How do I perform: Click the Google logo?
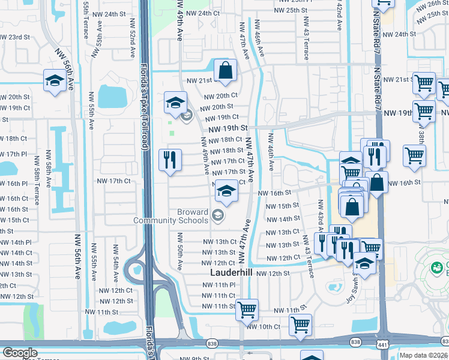(20, 353)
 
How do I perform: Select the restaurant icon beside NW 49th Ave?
(170, 159)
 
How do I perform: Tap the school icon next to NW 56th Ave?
(55, 81)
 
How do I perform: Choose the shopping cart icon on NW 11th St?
(247, 310)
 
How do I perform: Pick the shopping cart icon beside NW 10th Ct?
(300, 325)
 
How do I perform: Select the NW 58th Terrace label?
(37, 177)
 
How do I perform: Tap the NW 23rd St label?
(15, 37)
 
